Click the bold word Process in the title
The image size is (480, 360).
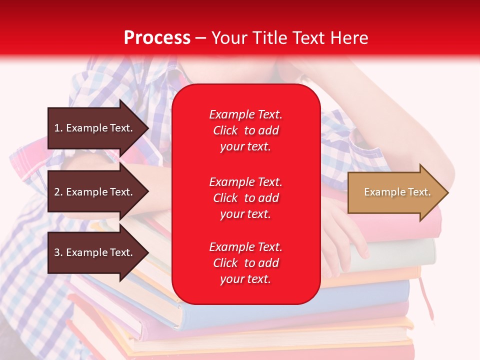click(157, 37)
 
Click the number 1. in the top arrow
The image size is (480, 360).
click(58, 128)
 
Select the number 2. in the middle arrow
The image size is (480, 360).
click(58, 192)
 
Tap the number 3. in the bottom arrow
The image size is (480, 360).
click(58, 252)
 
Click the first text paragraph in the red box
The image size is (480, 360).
click(245, 130)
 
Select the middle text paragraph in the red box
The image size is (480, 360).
click(245, 198)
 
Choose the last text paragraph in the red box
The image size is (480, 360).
click(245, 263)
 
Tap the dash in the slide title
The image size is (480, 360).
click(200, 38)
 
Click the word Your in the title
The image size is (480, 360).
click(228, 37)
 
